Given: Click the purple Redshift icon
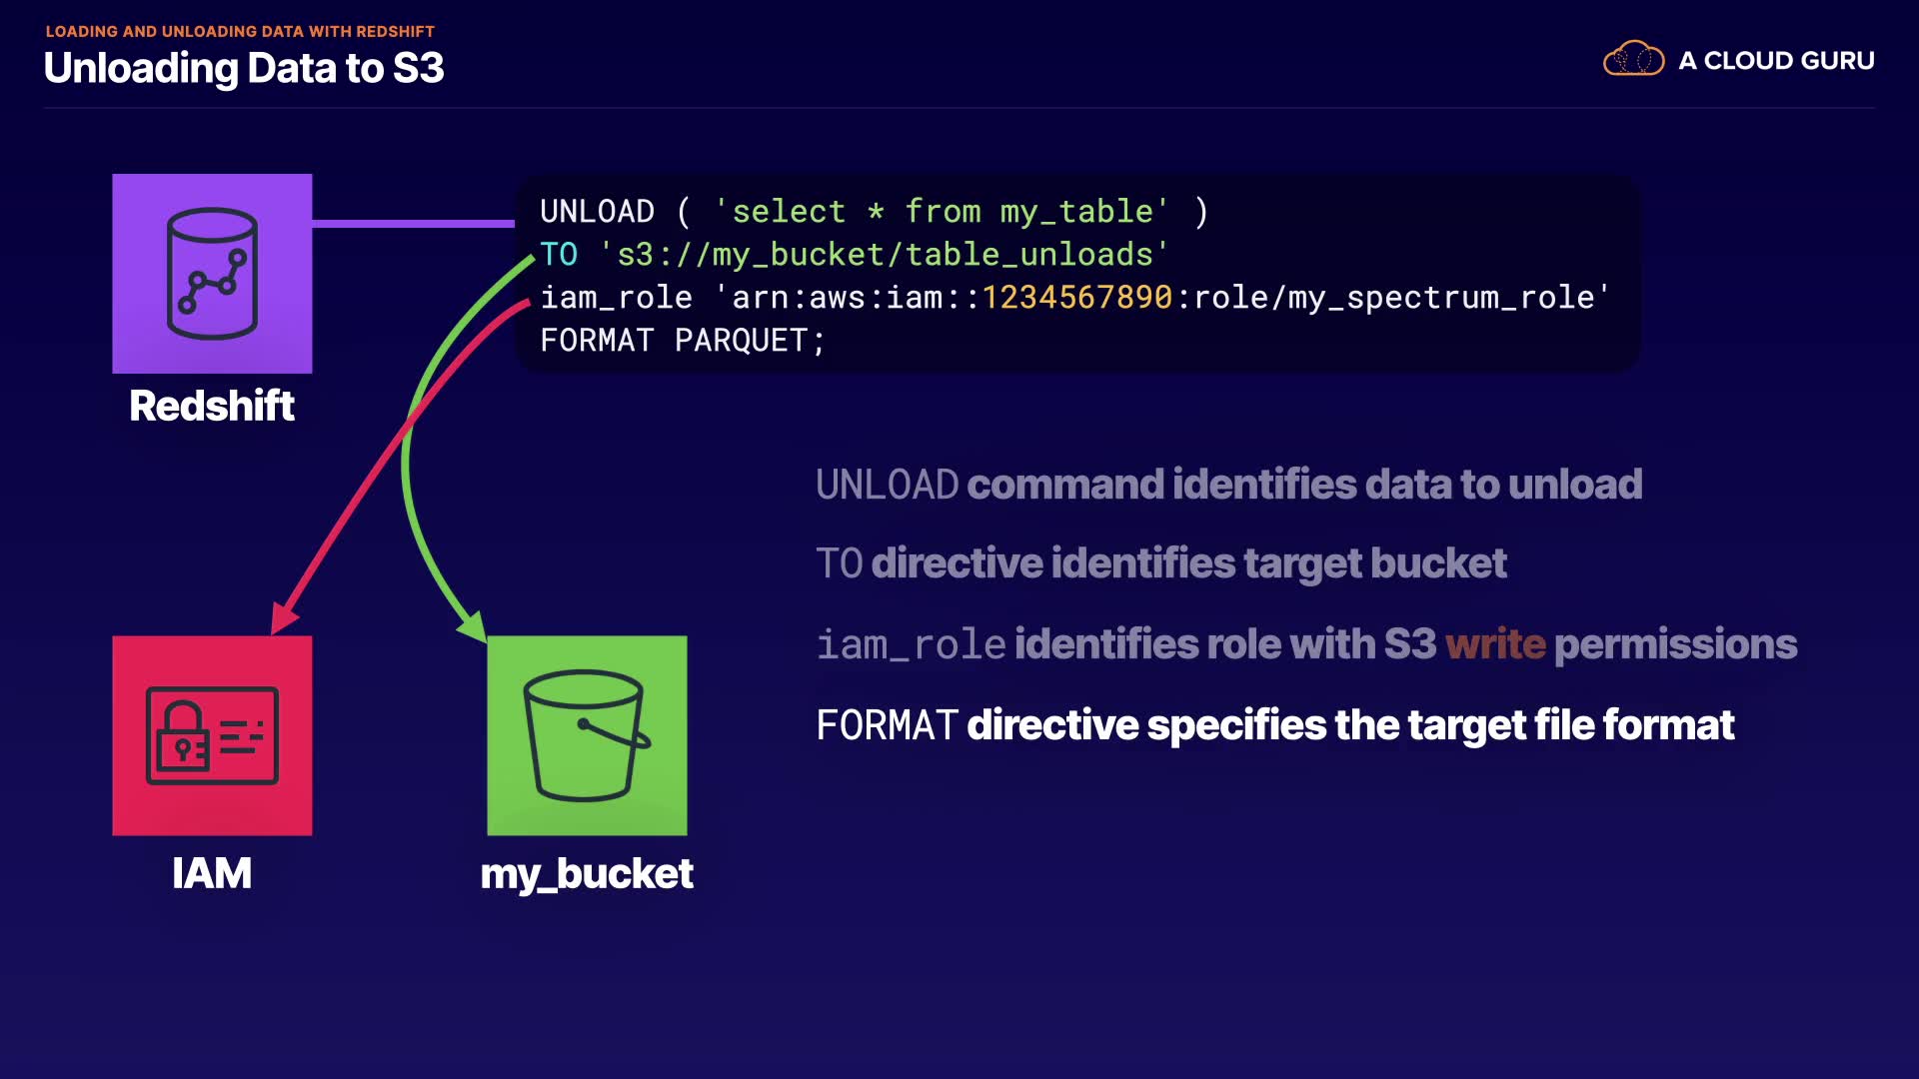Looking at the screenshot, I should [x=212, y=274].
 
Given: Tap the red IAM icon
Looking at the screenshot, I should [x=212, y=735].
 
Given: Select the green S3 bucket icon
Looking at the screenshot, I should [x=587, y=735].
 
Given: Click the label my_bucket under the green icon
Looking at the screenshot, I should [x=587, y=874].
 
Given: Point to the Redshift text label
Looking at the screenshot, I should [x=212, y=406].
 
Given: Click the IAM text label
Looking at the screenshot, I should [x=212, y=873].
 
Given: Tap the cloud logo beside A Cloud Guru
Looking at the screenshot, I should [x=1633, y=60].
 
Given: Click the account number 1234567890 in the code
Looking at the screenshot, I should [x=1076, y=298].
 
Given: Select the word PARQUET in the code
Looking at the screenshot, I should [x=741, y=341].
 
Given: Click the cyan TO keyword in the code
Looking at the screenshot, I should [x=559, y=255].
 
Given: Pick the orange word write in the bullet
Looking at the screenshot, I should [x=1495, y=644].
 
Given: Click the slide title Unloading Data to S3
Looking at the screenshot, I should [x=244, y=68].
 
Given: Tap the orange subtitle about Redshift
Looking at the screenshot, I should [x=240, y=32].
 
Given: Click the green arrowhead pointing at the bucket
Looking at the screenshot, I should [x=473, y=626].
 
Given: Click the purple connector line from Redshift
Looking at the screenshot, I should [x=413, y=223].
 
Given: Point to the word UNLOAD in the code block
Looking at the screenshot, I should [x=597, y=212].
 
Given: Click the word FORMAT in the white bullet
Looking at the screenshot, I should [x=887, y=725].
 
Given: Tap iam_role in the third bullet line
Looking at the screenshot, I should [x=911, y=644].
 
